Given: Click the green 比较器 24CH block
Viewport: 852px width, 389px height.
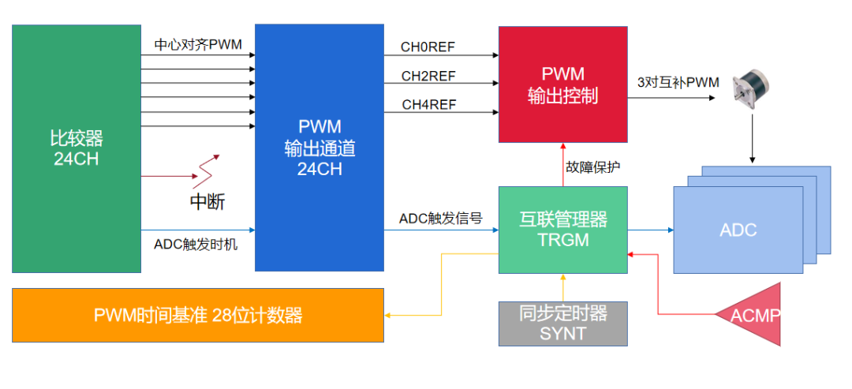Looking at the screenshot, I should coord(77,148).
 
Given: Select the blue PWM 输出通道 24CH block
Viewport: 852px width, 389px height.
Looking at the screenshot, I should coord(319,148).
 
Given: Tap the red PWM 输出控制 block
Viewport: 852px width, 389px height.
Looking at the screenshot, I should coord(562,84).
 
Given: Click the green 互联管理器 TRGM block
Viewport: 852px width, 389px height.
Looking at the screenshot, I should coord(563,229).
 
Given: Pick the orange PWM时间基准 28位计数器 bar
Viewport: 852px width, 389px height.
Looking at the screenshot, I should coord(197,316).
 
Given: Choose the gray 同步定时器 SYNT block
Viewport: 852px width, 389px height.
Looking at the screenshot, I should coord(563,324).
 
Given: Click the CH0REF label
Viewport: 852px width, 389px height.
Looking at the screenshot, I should coord(428,47).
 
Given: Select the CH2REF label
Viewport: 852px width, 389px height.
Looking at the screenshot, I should coord(428,76).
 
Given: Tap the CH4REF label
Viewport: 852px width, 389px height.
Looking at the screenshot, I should coord(428,104).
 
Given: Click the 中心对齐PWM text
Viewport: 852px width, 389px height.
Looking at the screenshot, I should coord(198,45).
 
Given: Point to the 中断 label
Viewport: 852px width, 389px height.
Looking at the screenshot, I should coord(207,202).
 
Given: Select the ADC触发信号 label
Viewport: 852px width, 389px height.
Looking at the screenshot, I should coord(440,219).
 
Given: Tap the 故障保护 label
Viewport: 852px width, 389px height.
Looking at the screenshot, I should coord(593,167).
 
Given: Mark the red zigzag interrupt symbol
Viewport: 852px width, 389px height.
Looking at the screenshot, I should coord(207,168).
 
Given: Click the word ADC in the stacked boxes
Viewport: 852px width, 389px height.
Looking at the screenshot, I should coord(738,230).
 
